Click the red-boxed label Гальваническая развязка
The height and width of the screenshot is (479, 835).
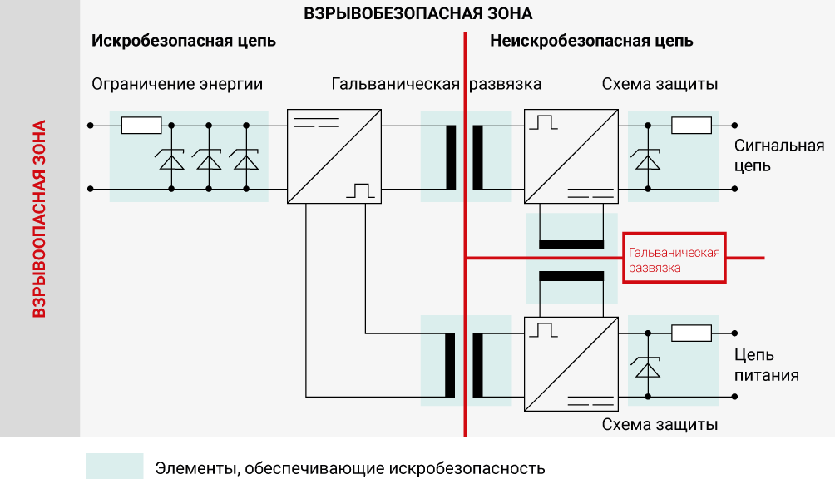pyautogui.click(x=674, y=259)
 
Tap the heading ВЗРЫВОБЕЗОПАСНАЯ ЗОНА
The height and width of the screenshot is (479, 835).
pyautogui.click(x=417, y=14)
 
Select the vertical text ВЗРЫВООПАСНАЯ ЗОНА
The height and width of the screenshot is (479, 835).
pyautogui.click(x=39, y=220)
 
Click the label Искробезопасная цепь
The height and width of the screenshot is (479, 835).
pyautogui.click(x=184, y=41)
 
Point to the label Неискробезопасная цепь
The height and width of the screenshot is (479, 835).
pyautogui.click(x=591, y=41)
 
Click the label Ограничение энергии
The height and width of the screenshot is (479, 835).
pyautogui.click(x=177, y=84)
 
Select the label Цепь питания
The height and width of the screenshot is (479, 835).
pyautogui.click(x=766, y=365)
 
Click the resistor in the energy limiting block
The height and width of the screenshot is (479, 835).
pyautogui.click(x=141, y=126)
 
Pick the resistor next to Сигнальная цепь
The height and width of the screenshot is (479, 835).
pyautogui.click(x=691, y=126)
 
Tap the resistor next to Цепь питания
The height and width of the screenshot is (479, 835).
pyautogui.click(x=691, y=333)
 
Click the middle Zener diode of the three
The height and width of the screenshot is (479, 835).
pyautogui.click(x=209, y=157)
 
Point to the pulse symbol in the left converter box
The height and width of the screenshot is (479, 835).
pyautogui.click(x=363, y=190)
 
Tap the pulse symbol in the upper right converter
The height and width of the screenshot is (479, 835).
pyautogui.click(x=546, y=122)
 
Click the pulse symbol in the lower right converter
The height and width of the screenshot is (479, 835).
pyautogui.click(x=546, y=330)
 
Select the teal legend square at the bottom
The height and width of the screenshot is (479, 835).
pyautogui.click(x=114, y=467)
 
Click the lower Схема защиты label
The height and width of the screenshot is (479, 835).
pyautogui.click(x=660, y=425)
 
